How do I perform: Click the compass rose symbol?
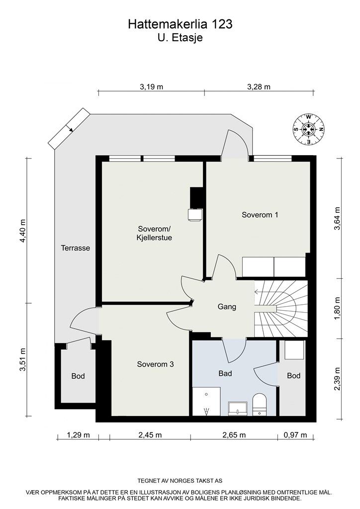(x=309, y=129)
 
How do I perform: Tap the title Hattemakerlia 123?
(x=180, y=24)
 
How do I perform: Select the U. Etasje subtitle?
(x=180, y=38)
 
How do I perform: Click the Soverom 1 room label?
(x=260, y=215)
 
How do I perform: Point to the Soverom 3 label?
(x=155, y=364)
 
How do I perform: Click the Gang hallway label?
(x=227, y=306)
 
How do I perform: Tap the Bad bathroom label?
(x=225, y=374)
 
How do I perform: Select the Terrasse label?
(x=75, y=248)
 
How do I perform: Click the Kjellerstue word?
(x=154, y=238)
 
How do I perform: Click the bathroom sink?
(x=238, y=409)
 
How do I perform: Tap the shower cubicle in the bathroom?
(x=206, y=401)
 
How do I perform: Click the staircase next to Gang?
(x=281, y=308)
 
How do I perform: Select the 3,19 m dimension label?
(x=151, y=86)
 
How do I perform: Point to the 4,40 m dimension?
(x=22, y=231)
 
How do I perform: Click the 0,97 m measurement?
(x=295, y=435)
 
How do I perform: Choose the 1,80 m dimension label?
(x=338, y=308)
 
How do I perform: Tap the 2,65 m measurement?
(x=234, y=435)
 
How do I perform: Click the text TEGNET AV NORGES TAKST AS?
(x=180, y=481)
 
